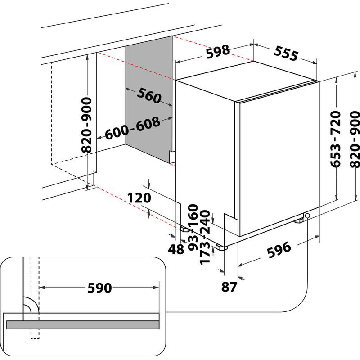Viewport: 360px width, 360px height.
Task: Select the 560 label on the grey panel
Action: click(149, 95)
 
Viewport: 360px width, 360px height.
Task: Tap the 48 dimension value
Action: click(176, 249)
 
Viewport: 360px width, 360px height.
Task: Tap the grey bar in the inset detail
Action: click(83, 324)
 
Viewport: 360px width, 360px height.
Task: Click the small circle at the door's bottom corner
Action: click(307, 216)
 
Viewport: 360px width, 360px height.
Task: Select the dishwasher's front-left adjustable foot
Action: click(221, 247)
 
